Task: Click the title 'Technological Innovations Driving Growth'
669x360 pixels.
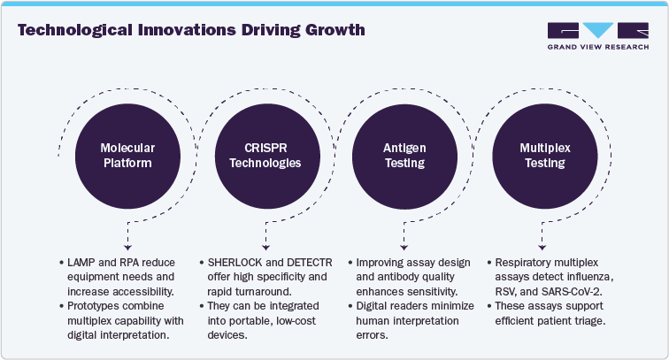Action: coord(191,29)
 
